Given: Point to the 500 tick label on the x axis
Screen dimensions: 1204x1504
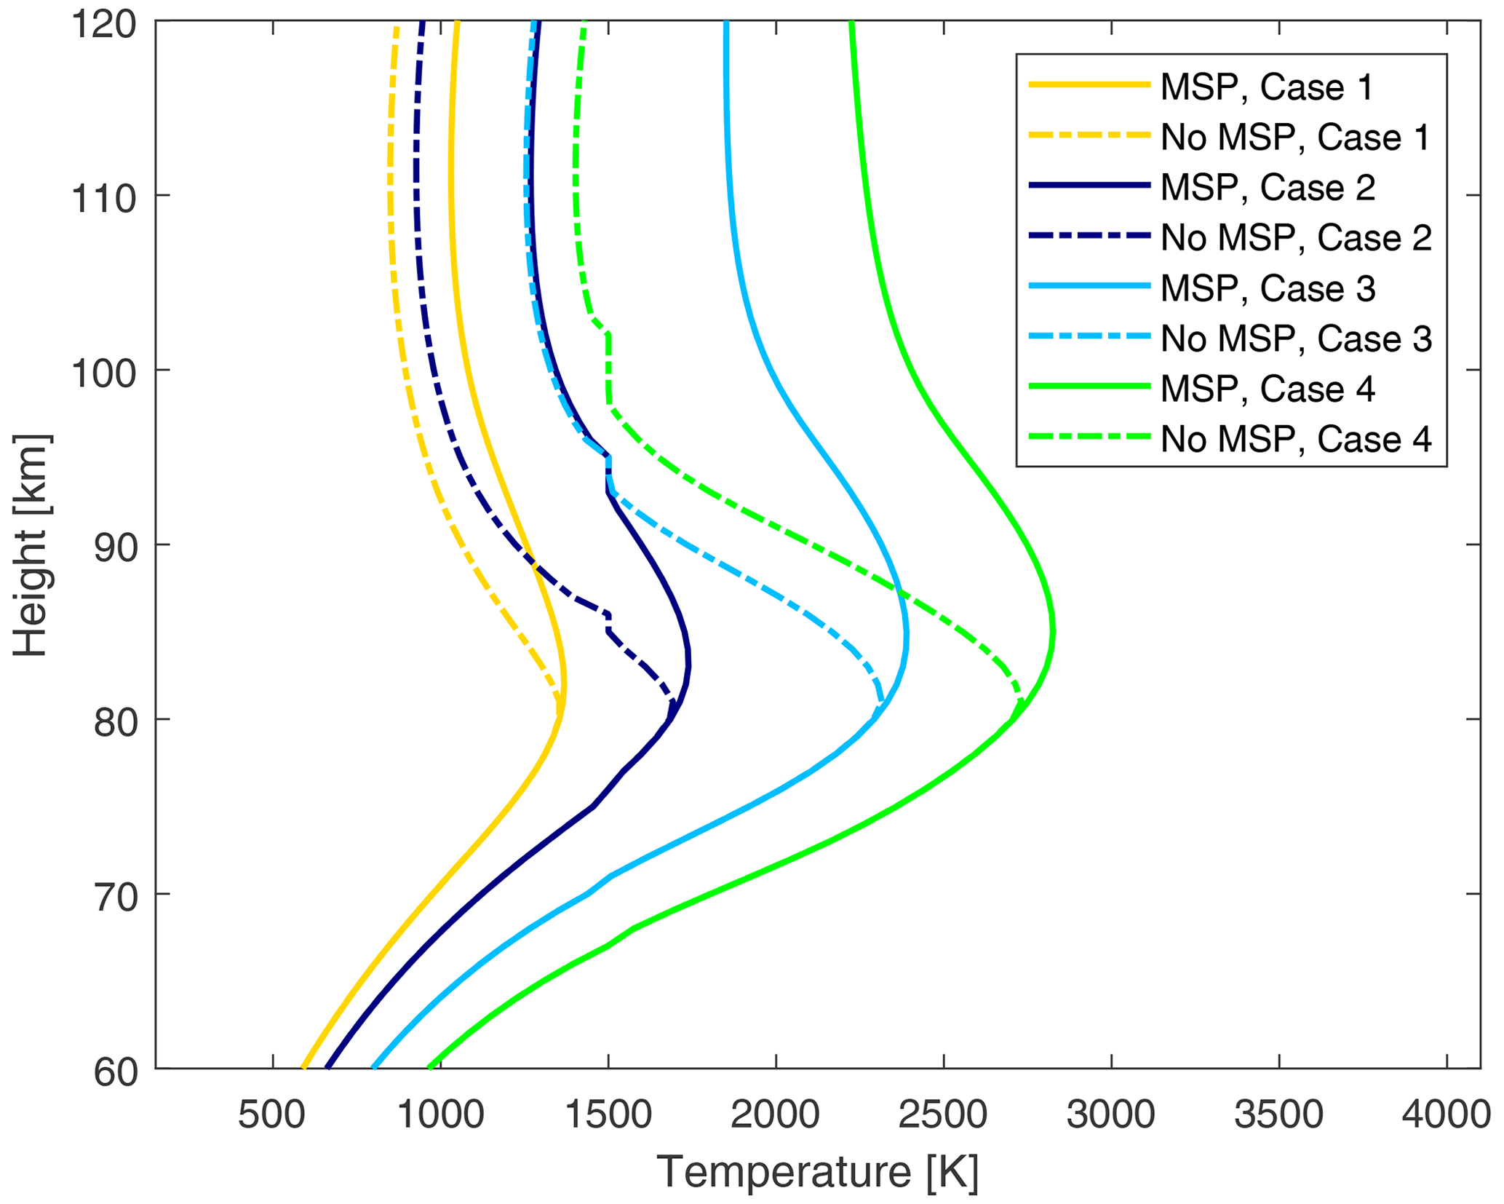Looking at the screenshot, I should coord(272,1114).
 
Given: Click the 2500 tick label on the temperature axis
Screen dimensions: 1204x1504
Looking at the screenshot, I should coord(943,1114).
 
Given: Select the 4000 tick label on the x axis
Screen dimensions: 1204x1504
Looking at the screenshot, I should coord(1446,1114).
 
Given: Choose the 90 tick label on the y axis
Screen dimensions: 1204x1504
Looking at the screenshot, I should coord(115,547).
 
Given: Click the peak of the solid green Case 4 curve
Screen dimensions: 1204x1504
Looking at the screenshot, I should coord(1053,632).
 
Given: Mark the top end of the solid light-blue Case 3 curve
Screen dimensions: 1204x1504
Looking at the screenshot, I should coord(726,23).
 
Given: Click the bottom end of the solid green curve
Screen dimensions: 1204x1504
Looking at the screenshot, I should coord(430,1068).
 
